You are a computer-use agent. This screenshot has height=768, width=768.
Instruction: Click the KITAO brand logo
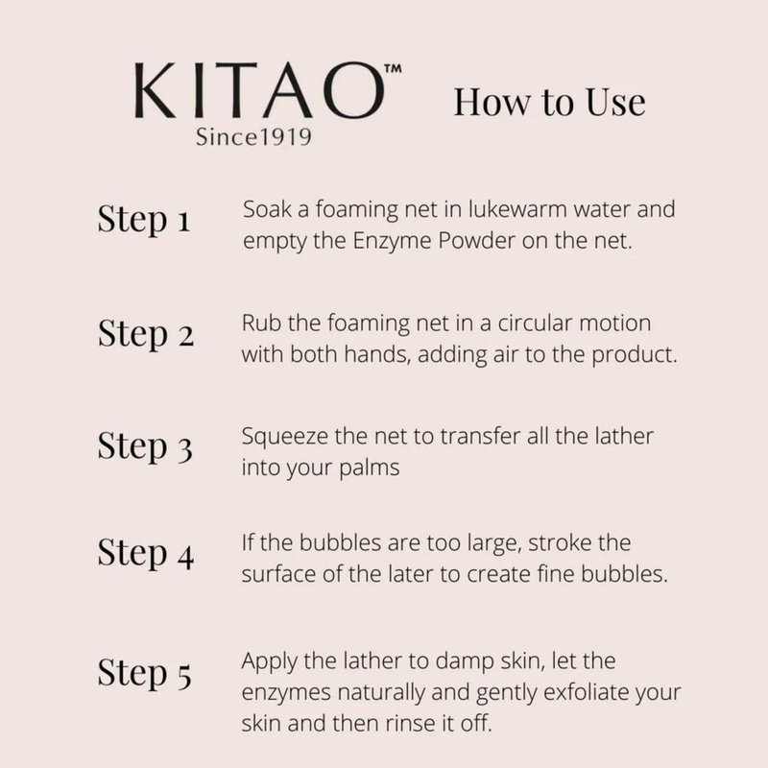pyautogui.click(x=259, y=90)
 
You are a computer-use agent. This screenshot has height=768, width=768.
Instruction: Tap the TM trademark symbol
pyautogui.click(x=393, y=68)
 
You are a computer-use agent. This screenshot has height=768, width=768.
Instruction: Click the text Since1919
pyautogui.click(x=253, y=136)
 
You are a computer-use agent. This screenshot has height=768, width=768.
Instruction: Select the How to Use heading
pyautogui.click(x=549, y=103)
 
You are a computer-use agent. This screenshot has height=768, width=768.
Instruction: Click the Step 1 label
pyautogui.click(x=143, y=220)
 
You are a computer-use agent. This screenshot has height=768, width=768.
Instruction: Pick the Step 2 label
pyautogui.click(x=146, y=334)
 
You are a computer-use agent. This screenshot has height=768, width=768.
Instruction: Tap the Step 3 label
pyautogui.click(x=145, y=446)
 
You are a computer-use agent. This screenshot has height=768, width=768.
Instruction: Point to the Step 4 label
pyautogui.click(x=146, y=554)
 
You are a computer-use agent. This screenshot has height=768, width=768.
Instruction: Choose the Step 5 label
pyautogui.click(x=145, y=673)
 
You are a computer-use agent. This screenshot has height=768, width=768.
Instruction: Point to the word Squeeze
pyautogui.click(x=284, y=437)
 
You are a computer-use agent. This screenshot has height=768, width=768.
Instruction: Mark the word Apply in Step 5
pyautogui.click(x=269, y=661)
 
